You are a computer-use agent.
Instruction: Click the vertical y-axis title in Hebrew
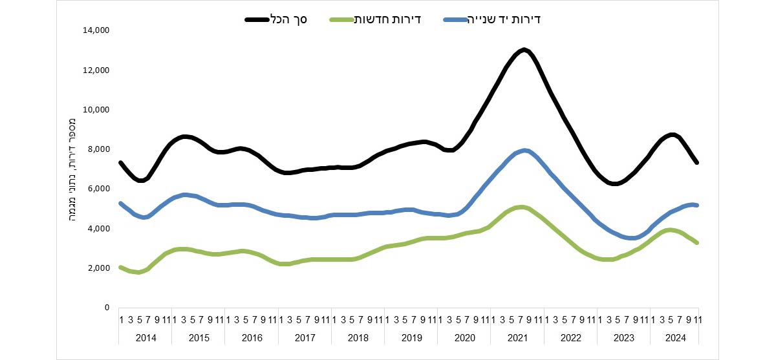pos(72,169)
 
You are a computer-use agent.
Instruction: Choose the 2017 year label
pos(304,337)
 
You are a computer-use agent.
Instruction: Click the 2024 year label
pos(676,337)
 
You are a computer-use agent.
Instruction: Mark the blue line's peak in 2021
pos(525,151)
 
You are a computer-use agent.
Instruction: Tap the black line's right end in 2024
pos(697,162)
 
